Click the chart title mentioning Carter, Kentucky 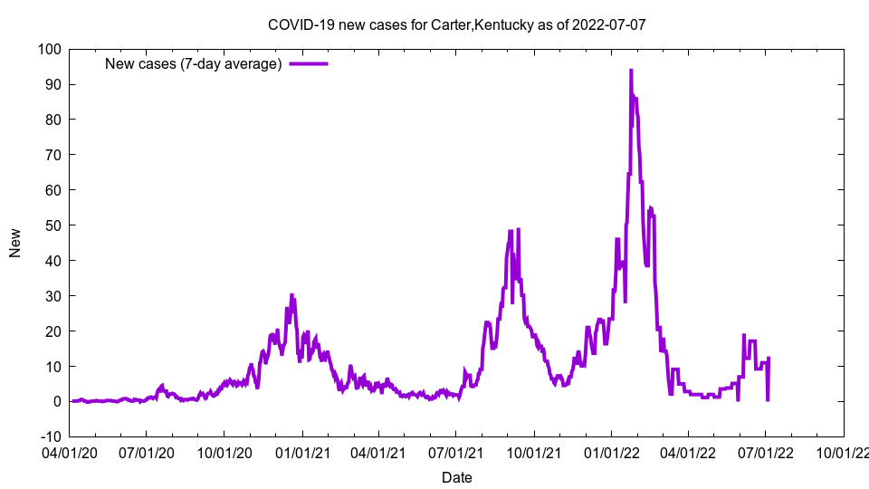[x=456, y=24]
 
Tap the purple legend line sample [x=309, y=63]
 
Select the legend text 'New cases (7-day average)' [x=194, y=63]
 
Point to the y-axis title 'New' [x=15, y=243]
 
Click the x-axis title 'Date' [x=456, y=477]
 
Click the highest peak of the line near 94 [x=631, y=70]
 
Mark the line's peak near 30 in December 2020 [x=291, y=295]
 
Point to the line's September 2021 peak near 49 [x=518, y=230]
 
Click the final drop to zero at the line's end [x=768, y=399]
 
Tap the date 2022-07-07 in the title [x=608, y=24]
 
